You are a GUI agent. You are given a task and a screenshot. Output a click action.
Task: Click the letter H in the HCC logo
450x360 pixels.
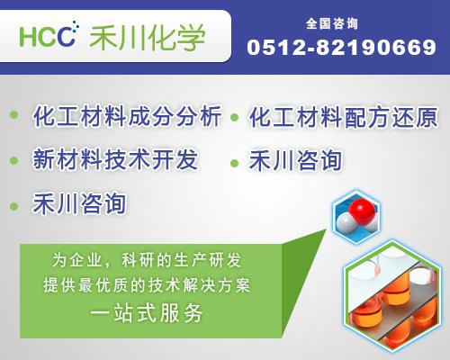(x=28, y=37)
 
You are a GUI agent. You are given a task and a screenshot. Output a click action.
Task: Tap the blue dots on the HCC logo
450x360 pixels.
(x=75, y=26)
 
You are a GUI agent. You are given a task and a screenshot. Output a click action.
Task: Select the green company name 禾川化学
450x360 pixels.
(x=148, y=38)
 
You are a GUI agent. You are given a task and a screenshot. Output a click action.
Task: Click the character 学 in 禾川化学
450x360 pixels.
(x=191, y=38)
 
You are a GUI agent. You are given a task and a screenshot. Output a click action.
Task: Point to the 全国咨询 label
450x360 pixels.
(x=332, y=23)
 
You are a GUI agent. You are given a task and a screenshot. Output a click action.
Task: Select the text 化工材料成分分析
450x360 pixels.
(x=127, y=116)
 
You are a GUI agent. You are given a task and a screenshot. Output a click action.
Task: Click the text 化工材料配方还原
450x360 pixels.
(x=344, y=117)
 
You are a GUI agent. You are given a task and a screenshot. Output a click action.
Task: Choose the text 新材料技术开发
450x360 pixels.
(x=115, y=159)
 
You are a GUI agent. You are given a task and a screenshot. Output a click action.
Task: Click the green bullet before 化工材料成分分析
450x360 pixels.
(x=14, y=114)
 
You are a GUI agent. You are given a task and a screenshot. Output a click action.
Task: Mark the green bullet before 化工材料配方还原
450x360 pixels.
(x=234, y=117)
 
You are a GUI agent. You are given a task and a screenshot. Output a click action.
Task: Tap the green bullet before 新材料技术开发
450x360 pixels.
(x=14, y=160)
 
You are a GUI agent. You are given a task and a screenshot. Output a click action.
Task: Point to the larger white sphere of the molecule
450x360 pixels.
(x=346, y=222)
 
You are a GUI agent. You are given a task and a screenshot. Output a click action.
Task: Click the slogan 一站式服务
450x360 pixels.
(x=147, y=313)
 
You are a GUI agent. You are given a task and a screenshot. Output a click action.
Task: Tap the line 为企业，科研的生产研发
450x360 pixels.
(x=147, y=260)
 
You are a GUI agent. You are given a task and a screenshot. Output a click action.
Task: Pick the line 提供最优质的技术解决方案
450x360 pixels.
(x=147, y=284)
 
